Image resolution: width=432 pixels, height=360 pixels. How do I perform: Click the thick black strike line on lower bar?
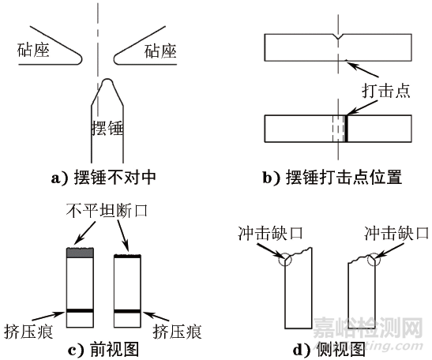click(346, 128)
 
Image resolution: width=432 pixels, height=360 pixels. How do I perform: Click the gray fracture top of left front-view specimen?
click(80, 253)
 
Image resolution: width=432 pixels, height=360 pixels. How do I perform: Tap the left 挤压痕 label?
click(31, 331)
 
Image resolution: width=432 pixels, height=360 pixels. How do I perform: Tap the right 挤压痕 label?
click(178, 331)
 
